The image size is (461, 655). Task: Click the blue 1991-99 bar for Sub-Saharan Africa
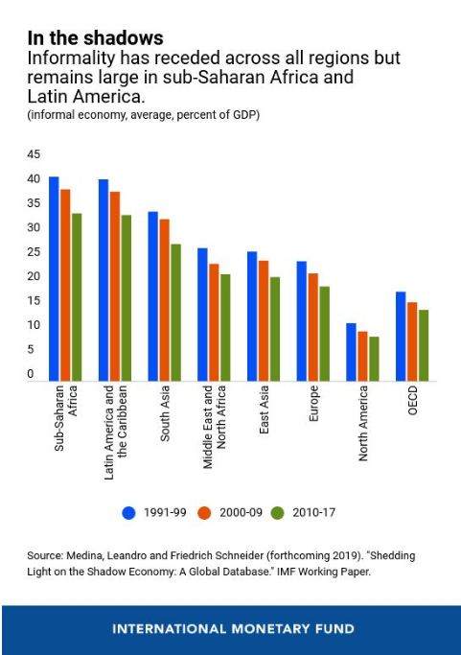54,279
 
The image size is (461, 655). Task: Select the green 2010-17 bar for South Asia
175,313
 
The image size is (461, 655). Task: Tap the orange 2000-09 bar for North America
362,357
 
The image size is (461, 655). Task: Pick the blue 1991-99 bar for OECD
401,337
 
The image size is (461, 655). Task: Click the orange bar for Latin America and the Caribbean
115,286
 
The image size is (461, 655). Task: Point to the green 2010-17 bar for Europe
325,334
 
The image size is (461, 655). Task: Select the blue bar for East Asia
252,316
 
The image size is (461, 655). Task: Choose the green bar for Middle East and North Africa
225,328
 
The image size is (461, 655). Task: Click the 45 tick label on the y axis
34,154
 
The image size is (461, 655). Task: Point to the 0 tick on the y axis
31,373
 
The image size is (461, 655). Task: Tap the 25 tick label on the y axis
34,252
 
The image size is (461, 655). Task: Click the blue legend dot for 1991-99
129,512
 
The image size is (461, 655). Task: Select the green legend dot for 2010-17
277,512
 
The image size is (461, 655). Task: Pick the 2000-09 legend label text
241,512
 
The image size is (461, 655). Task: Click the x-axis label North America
363,423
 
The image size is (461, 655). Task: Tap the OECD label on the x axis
412,400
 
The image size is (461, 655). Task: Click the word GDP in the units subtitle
244,114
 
